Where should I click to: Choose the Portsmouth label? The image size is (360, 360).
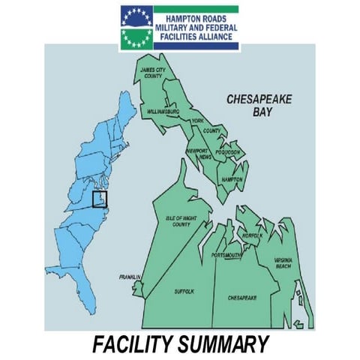226,255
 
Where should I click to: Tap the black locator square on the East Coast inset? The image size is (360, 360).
99,199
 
